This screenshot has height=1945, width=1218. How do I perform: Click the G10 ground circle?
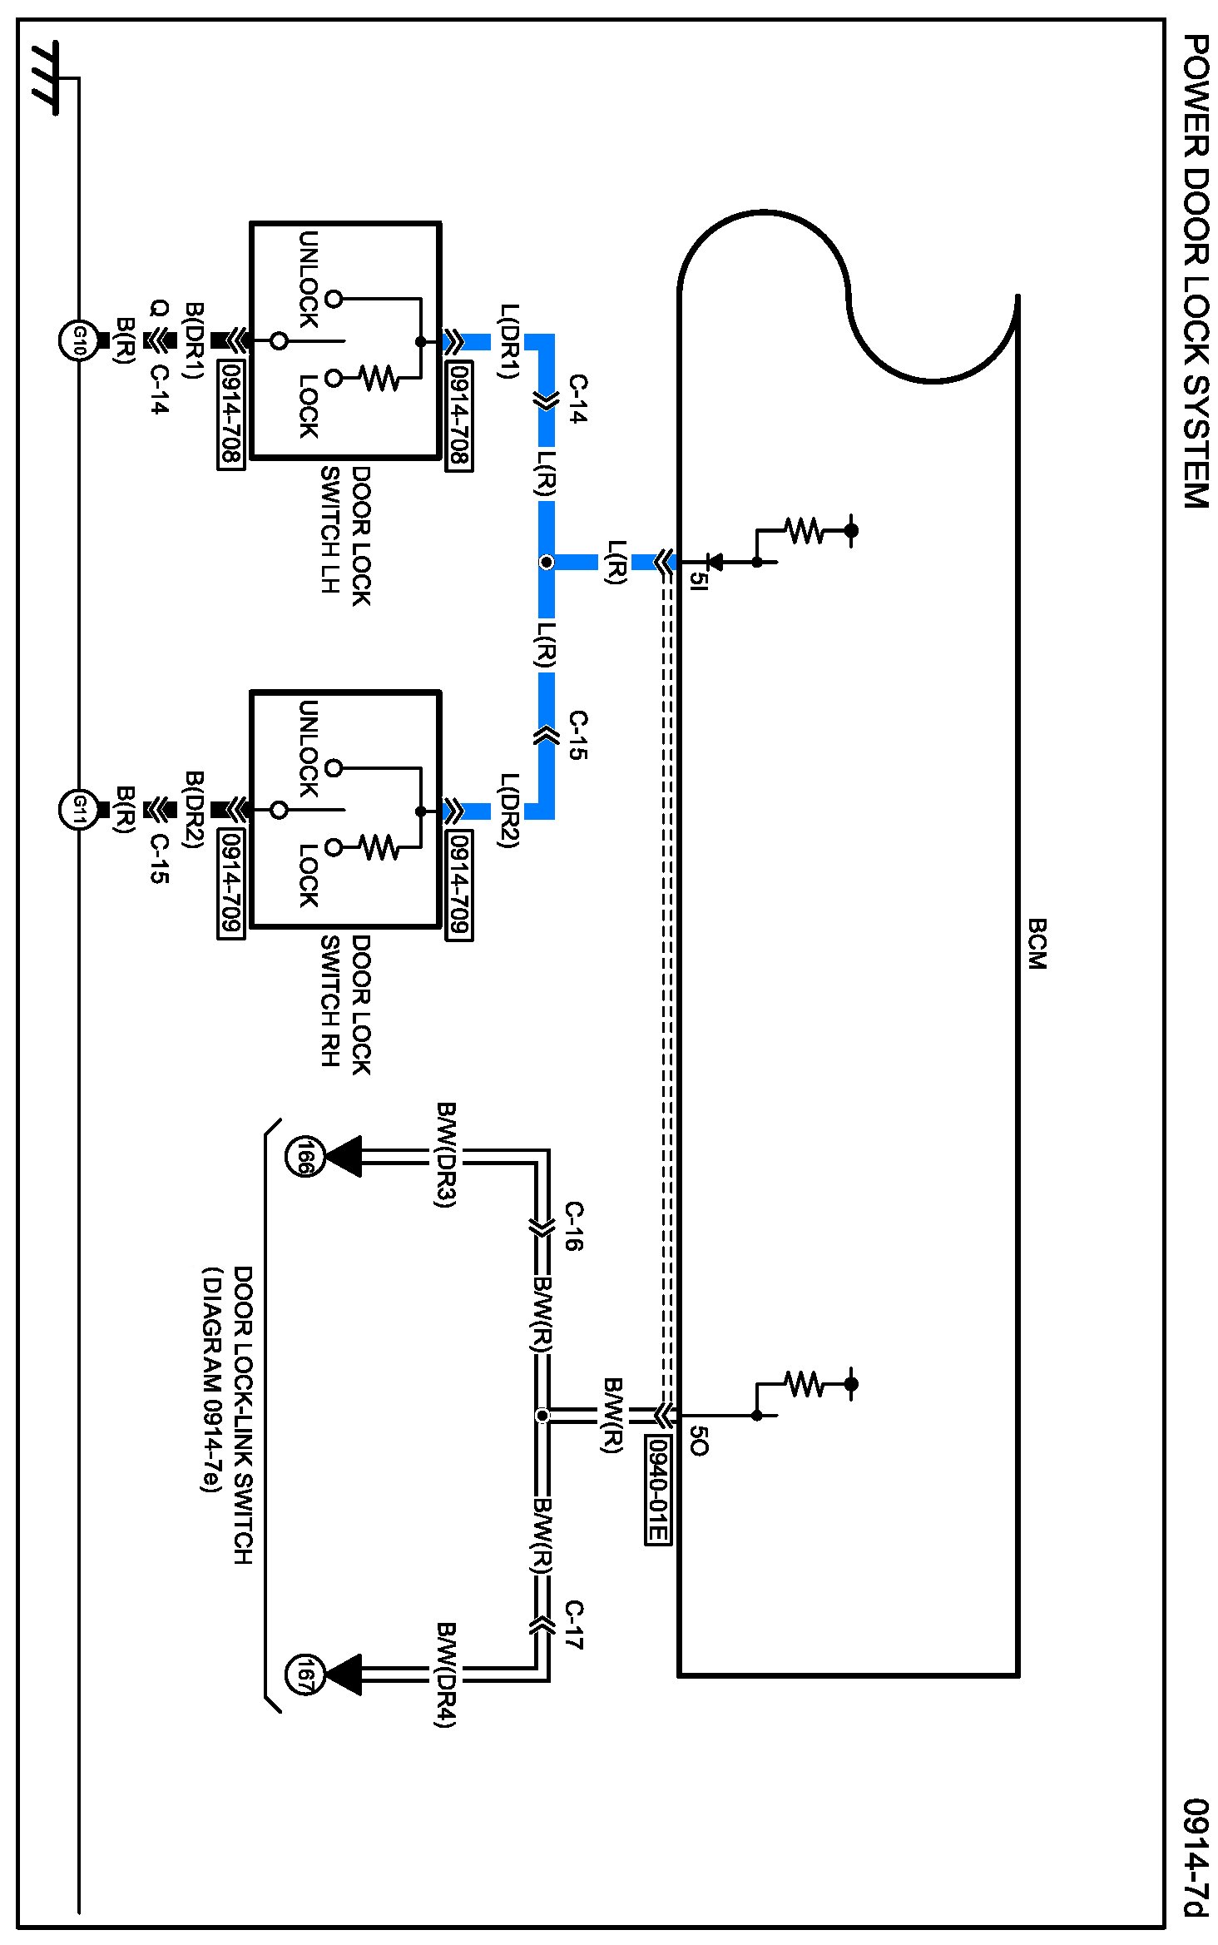(x=79, y=340)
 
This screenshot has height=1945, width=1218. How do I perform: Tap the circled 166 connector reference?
(x=303, y=1156)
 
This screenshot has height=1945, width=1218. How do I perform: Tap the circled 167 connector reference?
(x=303, y=1674)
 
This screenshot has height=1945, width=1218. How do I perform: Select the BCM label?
(x=1036, y=944)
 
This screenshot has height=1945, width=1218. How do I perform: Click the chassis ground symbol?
(x=47, y=78)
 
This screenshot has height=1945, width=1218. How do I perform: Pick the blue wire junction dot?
(x=546, y=563)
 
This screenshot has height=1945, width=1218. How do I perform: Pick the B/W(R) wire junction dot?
(x=542, y=1415)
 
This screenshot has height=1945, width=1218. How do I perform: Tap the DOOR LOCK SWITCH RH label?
(x=346, y=1005)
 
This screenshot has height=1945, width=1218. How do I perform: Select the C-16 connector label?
(x=574, y=1227)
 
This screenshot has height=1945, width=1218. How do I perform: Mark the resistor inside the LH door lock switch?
(x=379, y=379)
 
